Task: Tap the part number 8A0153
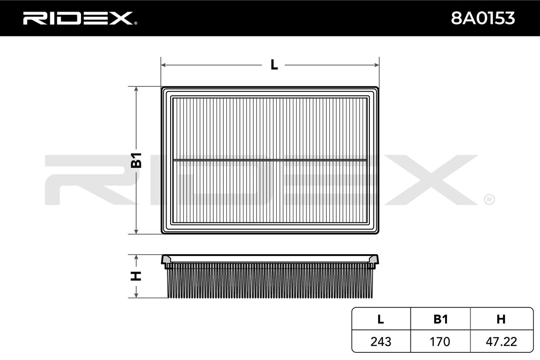[483, 18]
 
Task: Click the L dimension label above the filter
[274, 65]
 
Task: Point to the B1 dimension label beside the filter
[136, 160]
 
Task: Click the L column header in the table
[381, 319]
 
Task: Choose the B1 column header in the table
[440, 319]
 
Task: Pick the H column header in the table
[501, 319]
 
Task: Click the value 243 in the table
[381, 342]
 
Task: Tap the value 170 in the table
[440, 342]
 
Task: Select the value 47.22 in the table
[501, 342]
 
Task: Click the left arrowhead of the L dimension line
[164, 65]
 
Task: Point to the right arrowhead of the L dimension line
[377, 65]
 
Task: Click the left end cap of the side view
[166, 261]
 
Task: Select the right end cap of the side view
[373, 261]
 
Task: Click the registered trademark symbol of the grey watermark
[489, 199]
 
